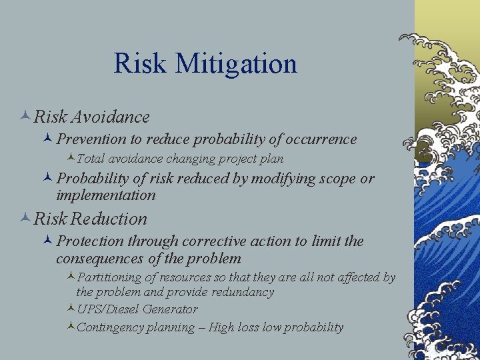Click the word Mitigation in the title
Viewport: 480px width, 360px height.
235,64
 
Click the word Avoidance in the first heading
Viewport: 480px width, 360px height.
110,117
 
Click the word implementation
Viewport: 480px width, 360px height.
106,195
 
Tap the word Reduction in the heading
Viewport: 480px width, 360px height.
109,219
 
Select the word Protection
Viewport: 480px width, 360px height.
89,241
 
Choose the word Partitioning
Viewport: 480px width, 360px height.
109,277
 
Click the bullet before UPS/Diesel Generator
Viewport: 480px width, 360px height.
71,309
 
